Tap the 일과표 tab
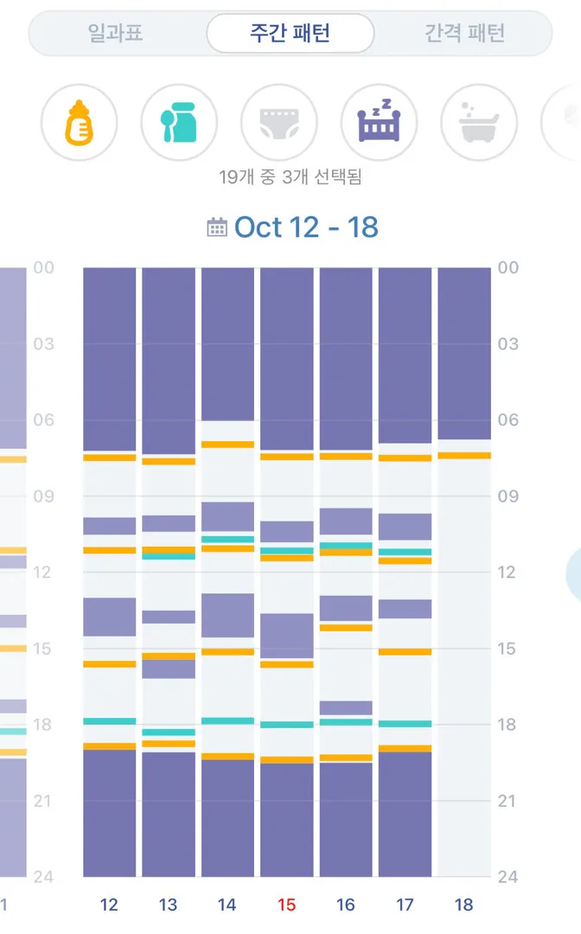[x=116, y=33]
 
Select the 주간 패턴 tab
[x=290, y=33]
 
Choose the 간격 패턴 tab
[x=464, y=33]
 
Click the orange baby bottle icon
[x=80, y=123]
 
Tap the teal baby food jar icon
[x=179, y=123]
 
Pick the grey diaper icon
[x=279, y=124]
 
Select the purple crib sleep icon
[x=380, y=121]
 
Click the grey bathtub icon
[x=479, y=123]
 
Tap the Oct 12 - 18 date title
[x=306, y=227]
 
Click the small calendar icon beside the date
[x=217, y=227]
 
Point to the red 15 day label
[x=286, y=905]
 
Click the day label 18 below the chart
[x=463, y=905]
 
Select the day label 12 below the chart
[x=109, y=905]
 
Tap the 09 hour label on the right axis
[x=508, y=496]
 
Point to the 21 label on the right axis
[x=507, y=801]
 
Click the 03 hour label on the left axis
[x=43, y=343]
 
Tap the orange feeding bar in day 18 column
[x=464, y=456]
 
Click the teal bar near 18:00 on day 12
[x=110, y=721]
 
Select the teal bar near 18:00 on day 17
[x=405, y=724]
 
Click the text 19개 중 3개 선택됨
[x=290, y=177]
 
